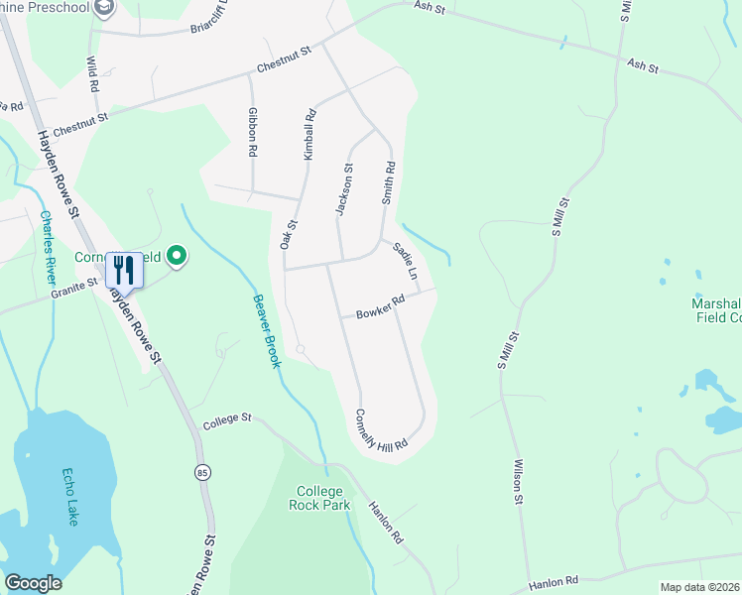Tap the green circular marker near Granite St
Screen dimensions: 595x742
(178, 257)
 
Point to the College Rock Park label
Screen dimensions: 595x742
(319, 498)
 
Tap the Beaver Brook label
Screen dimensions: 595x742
(266, 330)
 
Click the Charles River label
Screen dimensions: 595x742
(50, 245)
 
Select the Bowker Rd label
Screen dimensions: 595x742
(381, 306)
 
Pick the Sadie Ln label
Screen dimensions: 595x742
(406, 260)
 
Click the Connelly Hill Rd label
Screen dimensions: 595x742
(382, 431)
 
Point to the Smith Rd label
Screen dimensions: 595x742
(389, 182)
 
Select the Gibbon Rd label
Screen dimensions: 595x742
(254, 133)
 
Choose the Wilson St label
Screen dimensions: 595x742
(517, 481)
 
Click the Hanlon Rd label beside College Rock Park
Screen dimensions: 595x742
(386, 522)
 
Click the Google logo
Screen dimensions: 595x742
(33, 583)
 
